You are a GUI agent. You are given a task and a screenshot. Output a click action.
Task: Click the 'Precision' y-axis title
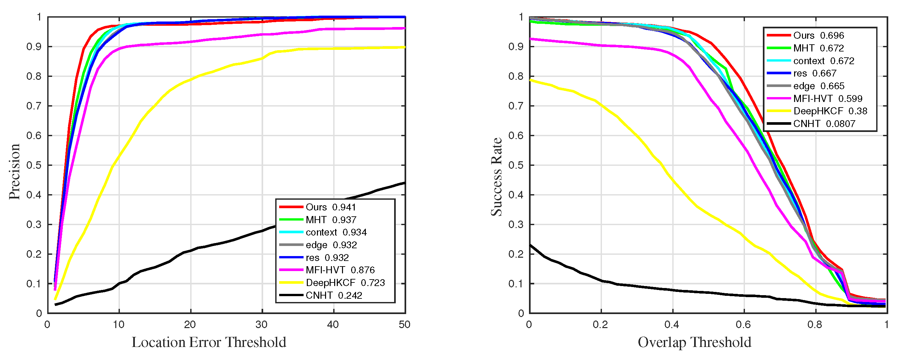(15, 171)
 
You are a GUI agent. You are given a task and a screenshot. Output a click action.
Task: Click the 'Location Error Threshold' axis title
(209, 342)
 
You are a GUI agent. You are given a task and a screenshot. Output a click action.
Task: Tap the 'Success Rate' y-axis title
(497, 177)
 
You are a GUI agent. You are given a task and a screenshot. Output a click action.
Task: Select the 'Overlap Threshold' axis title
(694, 342)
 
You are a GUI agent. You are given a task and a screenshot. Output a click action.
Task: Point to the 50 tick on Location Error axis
(405, 325)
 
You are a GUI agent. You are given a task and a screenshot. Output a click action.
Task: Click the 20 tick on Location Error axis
(190, 325)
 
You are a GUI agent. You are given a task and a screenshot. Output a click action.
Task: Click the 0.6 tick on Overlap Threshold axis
(743, 325)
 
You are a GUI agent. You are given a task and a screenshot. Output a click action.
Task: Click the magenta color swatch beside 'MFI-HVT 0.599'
(778, 98)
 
